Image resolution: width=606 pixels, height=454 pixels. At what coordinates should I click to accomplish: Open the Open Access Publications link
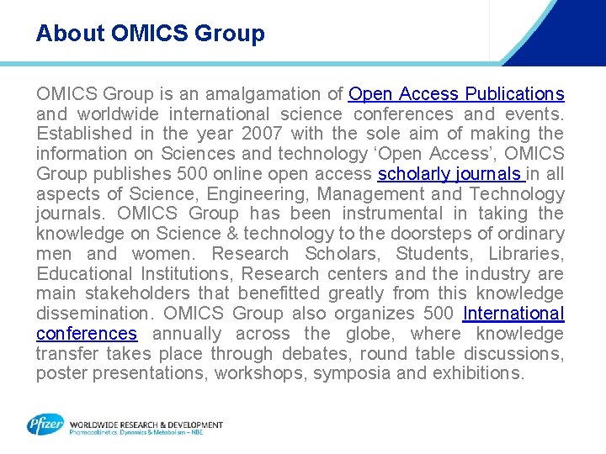(x=456, y=93)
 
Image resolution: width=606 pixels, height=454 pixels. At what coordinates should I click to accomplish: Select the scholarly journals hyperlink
(x=450, y=174)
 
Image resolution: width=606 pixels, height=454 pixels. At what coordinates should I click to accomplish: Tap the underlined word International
(x=513, y=314)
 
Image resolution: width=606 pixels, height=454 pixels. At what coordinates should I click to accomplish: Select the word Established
(x=84, y=134)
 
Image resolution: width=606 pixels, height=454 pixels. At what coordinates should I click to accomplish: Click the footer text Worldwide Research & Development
(x=146, y=425)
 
